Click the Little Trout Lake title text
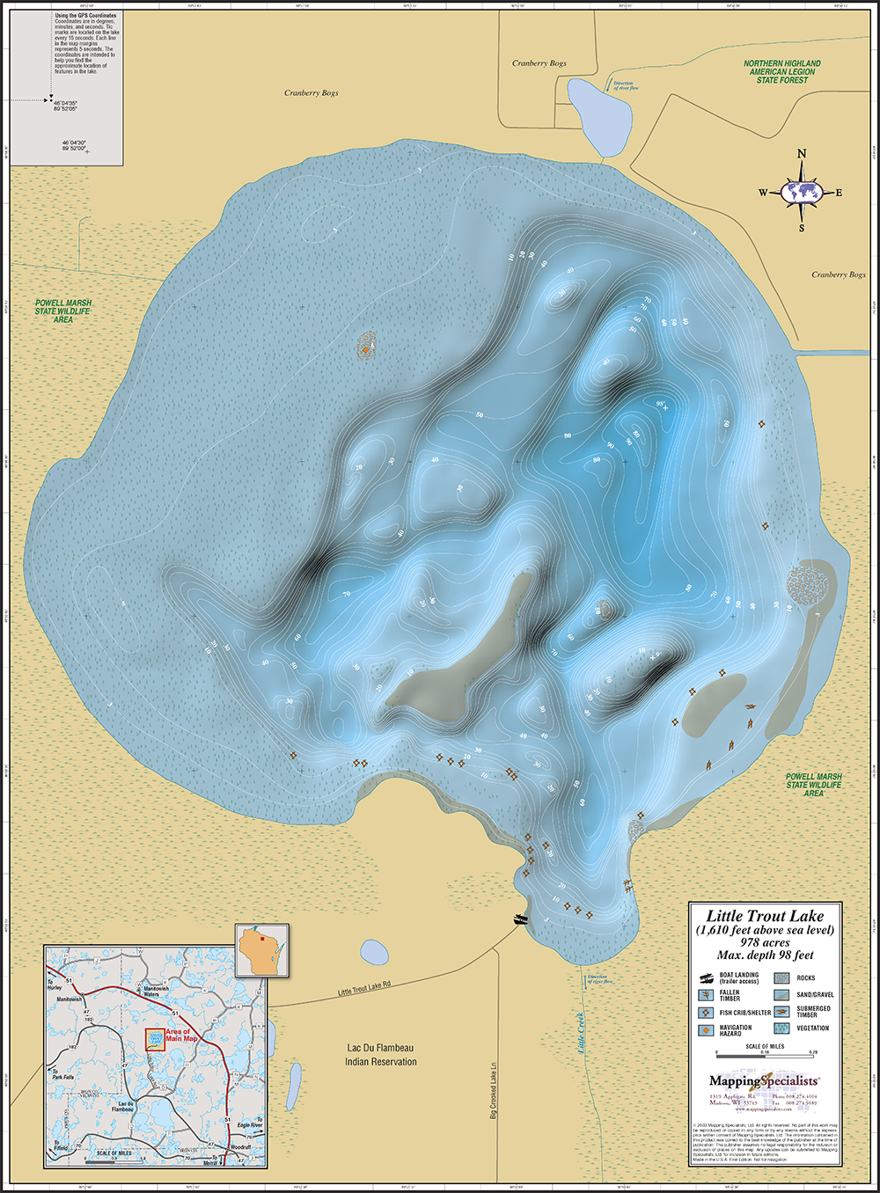765,916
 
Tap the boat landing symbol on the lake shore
521,919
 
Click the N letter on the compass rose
802,154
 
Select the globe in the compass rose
802,192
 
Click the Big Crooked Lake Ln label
494,1089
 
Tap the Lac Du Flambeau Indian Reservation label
381,1055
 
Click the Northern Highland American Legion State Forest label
781,72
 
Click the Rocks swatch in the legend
782,977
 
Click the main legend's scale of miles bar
765,1053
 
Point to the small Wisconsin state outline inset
262,951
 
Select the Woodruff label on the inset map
241,1148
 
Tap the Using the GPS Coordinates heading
85,16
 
